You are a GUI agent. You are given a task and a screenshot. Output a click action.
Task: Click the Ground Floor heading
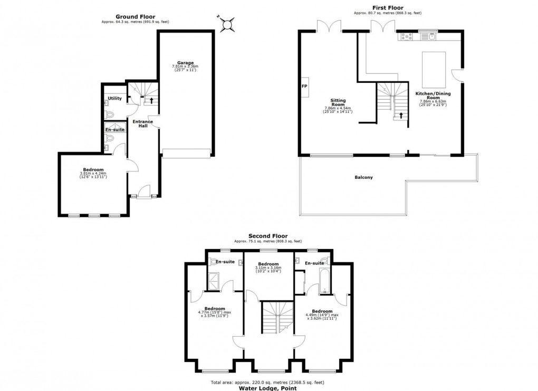[x=135, y=16]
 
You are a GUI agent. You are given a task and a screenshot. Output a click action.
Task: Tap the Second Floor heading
[x=268, y=236]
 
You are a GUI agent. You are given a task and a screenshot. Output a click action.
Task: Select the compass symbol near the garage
[x=227, y=23]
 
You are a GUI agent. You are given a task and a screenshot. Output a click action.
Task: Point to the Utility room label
[x=114, y=98]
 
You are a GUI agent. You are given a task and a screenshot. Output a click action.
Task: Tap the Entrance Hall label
[x=142, y=124]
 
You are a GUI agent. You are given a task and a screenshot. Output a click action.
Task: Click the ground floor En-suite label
[x=114, y=129]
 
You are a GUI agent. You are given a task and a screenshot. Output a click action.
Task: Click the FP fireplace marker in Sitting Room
[x=304, y=86]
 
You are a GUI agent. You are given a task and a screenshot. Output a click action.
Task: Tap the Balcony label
[x=363, y=177]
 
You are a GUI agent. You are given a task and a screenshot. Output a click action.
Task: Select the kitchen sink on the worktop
[x=431, y=36]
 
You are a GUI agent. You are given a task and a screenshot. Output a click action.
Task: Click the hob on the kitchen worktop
[x=408, y=36]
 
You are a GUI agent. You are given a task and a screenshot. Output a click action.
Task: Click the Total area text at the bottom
[x=267, y=382]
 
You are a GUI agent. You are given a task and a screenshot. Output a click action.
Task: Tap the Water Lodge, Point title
[x=267, y=388]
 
